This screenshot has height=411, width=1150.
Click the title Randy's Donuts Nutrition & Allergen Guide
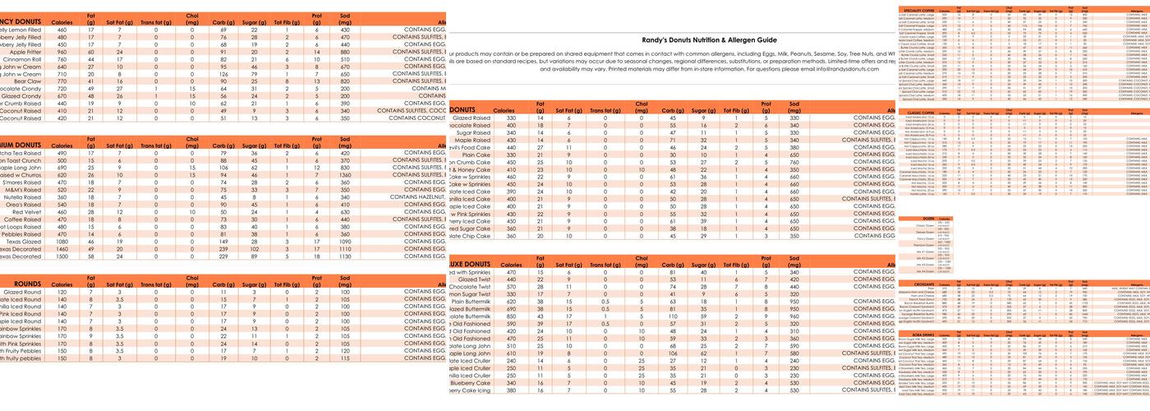[708, 39]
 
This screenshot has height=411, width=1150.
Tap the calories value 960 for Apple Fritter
[62, 52]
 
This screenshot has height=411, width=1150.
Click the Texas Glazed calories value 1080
[62, 242]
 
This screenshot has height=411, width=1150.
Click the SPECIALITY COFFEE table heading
[922, 10]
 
